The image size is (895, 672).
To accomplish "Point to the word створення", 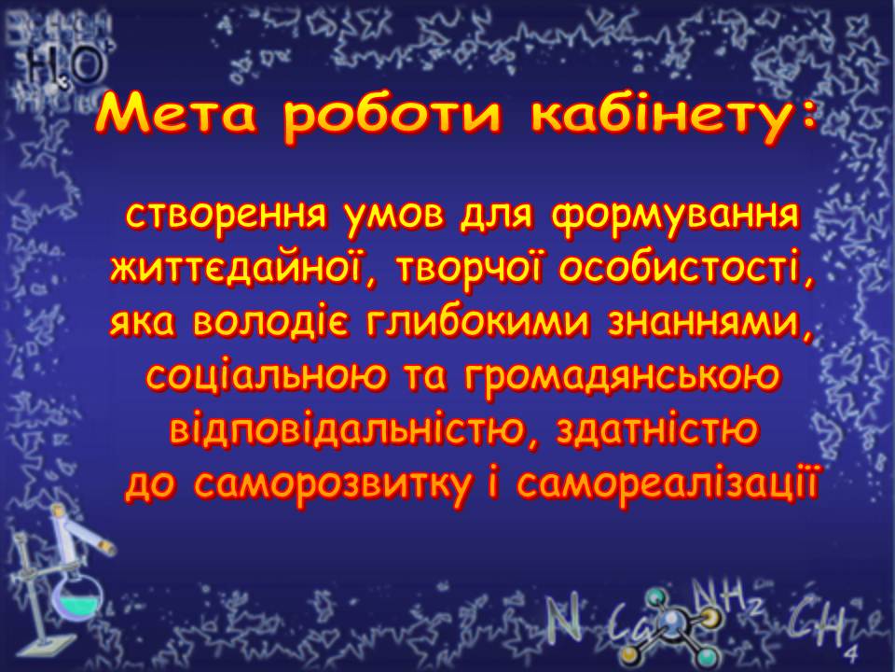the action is click(227, 215).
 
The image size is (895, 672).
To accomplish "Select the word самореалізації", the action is click(667, 483).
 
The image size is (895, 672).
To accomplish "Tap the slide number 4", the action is click(853, 653).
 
